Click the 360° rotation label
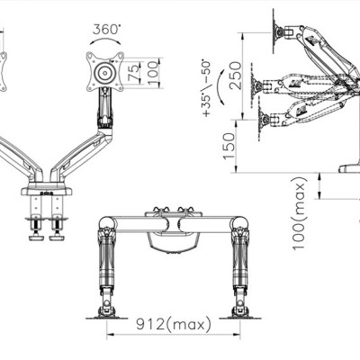pos(106,29)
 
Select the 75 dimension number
pos(133,71)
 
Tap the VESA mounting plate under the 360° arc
pos(104,71)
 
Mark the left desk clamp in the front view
pos(39,222)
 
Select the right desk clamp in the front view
pos(62,222)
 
